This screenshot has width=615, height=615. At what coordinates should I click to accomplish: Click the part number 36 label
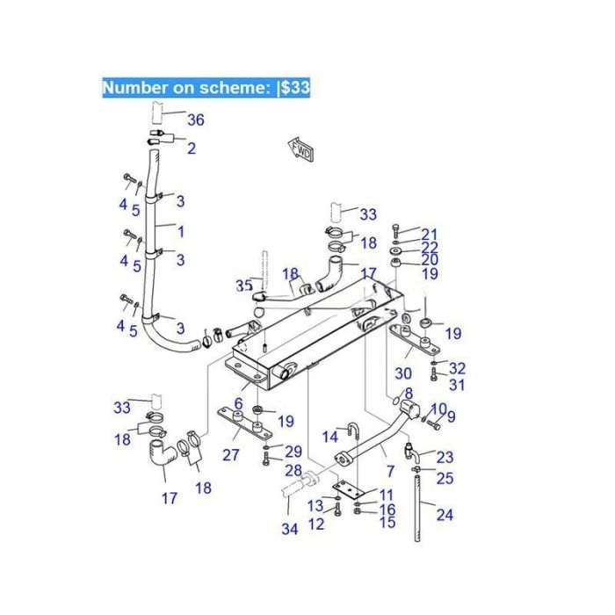(x=195, y=120)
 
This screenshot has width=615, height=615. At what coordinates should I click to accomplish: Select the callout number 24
(x=445, y=515)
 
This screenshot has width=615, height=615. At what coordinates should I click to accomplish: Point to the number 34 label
(x=290, y=529)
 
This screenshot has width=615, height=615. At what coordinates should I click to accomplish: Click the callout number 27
(x=230, y=455)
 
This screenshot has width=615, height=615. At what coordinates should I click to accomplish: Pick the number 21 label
(x=429, y=234)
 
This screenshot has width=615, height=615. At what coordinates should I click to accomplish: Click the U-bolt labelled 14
(x=356, y=431)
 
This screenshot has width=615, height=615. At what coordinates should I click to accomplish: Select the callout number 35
(x=243, y=286)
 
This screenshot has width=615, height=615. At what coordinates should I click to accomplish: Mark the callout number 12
(x=316, y=525)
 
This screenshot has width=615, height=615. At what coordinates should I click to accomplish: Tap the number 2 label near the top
(x=191, y=148)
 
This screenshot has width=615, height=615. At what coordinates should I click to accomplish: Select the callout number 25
(x=445, y=479)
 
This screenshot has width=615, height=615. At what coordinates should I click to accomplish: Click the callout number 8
(x=408, y=393)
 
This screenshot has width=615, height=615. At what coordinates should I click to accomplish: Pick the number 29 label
(x=293, y=451)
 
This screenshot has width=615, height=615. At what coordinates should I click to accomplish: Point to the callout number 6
(x=238, y=403)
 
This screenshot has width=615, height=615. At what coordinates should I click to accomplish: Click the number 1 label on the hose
(x=181, y=232)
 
